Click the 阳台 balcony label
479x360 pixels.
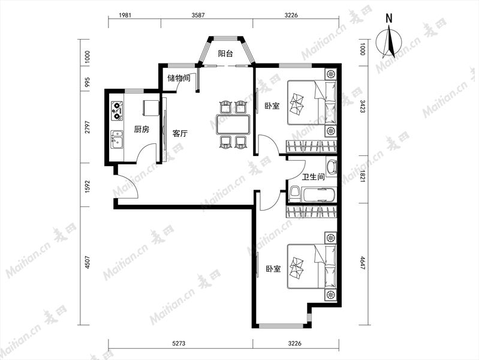pyautogui.click(x=225, y=54)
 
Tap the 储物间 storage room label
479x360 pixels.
pyautogui.click(x=179, y=78)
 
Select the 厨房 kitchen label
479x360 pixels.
pyautogui.click(x=141, y=130)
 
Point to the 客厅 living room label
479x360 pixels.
pyautogui.click(x=180, y=133)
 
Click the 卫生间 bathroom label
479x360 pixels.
pyautogui.click(x=313, y=177)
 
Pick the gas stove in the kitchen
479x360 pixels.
pyautogui.click(x=118, y=111)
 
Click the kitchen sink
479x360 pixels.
pyautogui.click(x=117, y=139)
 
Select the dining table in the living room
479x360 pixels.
pyautogui.click(x=233, y=124)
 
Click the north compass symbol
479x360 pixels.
pyautogui.click(x=389, y=42)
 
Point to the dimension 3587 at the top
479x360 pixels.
pyautogui.click(x=198, y=15)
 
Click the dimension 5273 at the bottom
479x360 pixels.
pyautogui.click(x=179, y=343)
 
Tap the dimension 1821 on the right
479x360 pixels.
pyautogui.click(x=363, y=176)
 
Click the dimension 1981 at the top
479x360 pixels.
pyautogui.click(x=125, y=15)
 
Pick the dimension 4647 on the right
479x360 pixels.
pyautogui.click(x=363, y=263)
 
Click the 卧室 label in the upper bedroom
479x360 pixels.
pyautogui.click(x=272, y=106)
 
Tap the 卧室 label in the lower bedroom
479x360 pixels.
pyautogui.click(x=273, y=269)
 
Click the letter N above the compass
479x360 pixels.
pyautogui.click(x=388, y=19)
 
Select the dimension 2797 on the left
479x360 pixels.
pyautogui.click(x=88, y=127)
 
